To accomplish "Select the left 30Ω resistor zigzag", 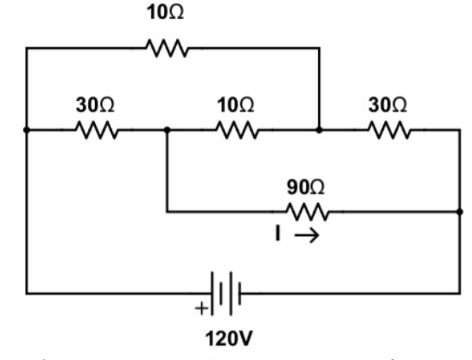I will pos(97,131).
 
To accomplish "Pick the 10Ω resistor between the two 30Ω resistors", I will pos(235,131).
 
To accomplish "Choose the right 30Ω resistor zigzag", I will pos(389,131).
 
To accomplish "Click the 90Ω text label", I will pos(304,185).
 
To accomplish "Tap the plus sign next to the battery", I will pos(201,310).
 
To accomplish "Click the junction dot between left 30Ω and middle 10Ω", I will pos(167,131).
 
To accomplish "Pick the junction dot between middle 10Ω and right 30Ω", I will pos(319,131).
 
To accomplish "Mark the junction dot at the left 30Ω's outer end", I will pos(27,131).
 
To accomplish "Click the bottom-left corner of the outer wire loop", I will pos(27,292).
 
